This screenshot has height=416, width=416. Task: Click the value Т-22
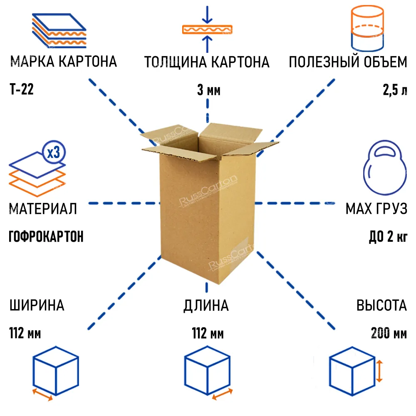(22, 89)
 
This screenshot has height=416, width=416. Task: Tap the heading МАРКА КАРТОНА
(64, 62)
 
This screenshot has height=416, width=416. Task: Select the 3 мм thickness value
(209, 90)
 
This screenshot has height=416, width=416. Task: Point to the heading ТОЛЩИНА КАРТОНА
(207, 62)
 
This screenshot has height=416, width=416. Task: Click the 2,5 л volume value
(395, 90)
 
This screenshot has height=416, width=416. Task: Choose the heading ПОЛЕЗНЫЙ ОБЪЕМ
(348, 62)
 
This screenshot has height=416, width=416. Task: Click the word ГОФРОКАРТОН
(46, 236)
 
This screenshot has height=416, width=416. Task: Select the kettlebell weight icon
(385, 168)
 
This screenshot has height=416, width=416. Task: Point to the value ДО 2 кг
(388, 236)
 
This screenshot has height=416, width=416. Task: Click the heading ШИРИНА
(37, 305)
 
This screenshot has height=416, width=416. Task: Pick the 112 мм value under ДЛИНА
(208, 334)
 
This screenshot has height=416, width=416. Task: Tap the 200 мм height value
(389, 333)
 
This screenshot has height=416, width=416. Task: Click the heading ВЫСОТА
(381, 305)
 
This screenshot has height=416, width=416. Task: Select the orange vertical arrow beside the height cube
(379, 371)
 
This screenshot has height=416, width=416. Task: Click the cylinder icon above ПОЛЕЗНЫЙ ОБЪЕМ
(367, 28)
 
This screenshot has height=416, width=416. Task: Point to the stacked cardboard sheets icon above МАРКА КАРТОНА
(59, 30)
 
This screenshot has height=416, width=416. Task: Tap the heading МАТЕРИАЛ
(43, 208)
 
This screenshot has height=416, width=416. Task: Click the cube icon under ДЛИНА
(207, 371)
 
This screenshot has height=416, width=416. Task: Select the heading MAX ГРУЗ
(376, 208)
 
